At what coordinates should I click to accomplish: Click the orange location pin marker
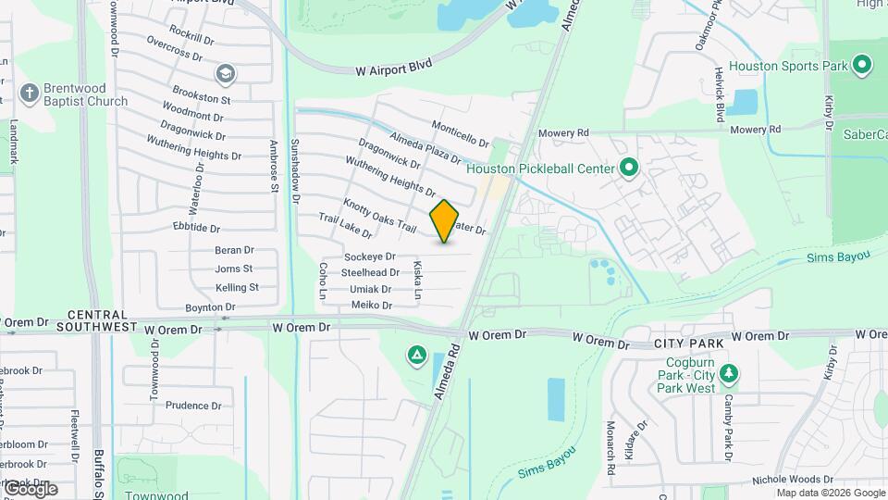point(445,220)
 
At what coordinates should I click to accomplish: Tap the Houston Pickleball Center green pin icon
point(629,169)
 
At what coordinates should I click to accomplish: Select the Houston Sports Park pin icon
point(862,65)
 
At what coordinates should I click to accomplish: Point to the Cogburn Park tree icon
point(730,373)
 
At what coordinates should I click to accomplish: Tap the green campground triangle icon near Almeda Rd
point(417,355)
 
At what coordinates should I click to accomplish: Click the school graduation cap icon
point(226,73)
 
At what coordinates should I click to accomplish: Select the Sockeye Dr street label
point(369,256)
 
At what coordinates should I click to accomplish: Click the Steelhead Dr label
point(370,273)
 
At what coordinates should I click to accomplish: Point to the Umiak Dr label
point(370,289)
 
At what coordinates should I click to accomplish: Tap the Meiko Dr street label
point(371,305)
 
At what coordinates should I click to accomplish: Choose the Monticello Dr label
point(460,133)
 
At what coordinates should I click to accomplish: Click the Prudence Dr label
point(193,406)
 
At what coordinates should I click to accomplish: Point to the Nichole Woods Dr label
point(793,479)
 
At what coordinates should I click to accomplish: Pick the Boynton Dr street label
point(211,306)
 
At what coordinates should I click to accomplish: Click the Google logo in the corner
point(30,489)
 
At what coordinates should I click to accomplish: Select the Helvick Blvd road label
point(718,94)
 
